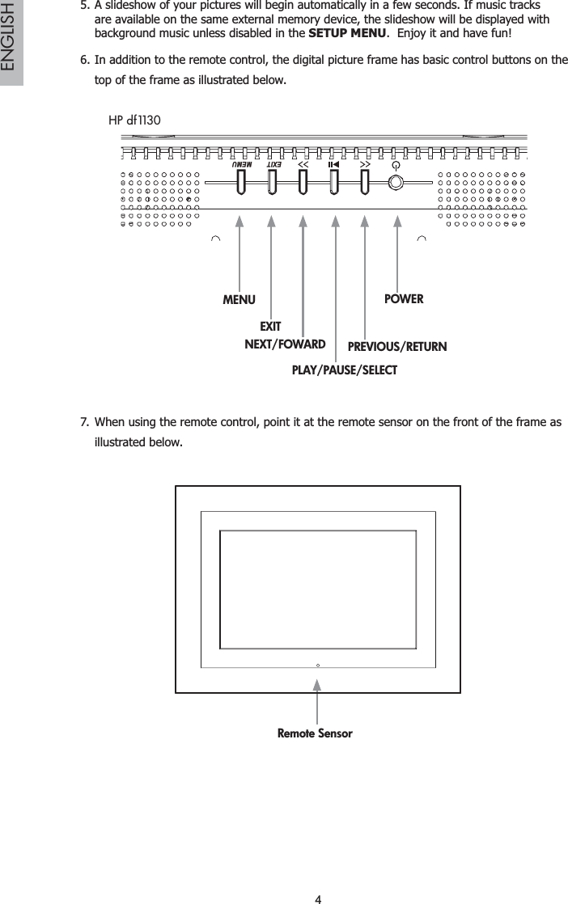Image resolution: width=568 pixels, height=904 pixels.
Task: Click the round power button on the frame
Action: click(x=395, y=182)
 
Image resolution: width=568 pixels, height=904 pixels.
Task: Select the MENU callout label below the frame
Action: click(x=239, y=300)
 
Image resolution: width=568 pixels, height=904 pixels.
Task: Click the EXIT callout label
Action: click(x=269, y=327)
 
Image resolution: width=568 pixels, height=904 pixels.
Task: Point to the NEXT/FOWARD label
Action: click(x=285, y=344)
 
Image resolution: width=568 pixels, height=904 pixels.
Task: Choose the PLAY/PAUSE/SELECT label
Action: click(x=344, y=370)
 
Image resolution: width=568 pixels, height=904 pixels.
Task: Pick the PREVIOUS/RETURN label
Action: click(x=396, y=348)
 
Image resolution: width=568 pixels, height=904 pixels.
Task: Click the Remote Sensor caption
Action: click(x=315, y=733)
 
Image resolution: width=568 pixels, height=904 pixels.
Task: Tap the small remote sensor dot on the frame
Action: click(x=318, y=665)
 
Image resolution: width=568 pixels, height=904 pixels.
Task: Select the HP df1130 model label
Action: click(x=134, y=120)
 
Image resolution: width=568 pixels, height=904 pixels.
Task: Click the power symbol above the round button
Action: click(x=395, y=163)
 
